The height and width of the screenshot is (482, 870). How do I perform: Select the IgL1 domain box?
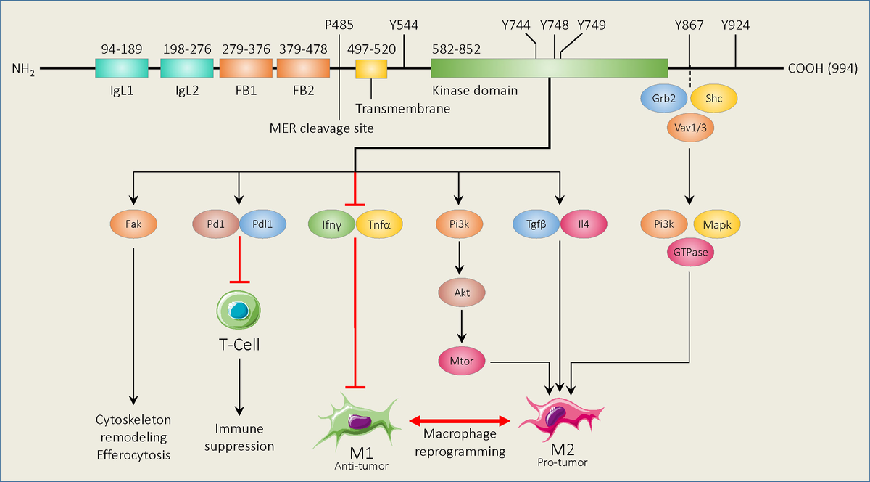tap(122, 69)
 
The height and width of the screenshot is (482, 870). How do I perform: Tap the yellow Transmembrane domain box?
tap(371, 69)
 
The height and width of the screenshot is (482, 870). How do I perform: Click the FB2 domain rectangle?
tap(303, 69)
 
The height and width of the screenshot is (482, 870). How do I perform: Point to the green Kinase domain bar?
tap(549, 68)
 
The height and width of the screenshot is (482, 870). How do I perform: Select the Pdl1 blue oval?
tap(262, 224)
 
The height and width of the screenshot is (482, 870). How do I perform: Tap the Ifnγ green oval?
tap(331, 224)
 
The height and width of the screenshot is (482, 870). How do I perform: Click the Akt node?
tap(461, 293)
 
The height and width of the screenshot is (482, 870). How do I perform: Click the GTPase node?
tap(688, 251)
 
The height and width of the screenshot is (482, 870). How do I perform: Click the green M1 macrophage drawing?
tap(357, 420)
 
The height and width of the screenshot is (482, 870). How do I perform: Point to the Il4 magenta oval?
tap(584, 224)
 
